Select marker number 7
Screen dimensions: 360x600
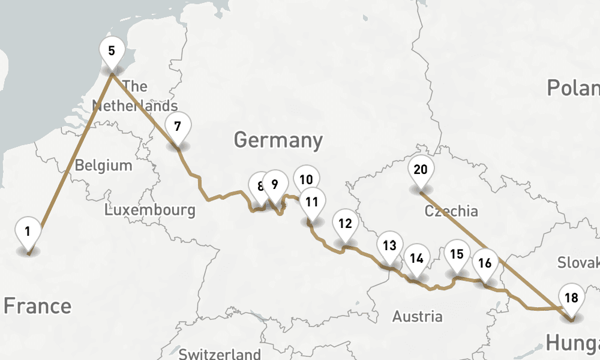pyautogui.click(x=178, y=127)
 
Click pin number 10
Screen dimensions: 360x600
pyautogui.click(x=307, y=179)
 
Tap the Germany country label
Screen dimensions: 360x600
pyautogui.click(x=278, y=140)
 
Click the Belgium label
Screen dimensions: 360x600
pyautogui.click(x=103, y=166)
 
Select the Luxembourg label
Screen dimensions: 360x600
pyautogui.click(x=150, y=210)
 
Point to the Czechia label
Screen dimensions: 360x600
pyautogui.click(x=451, y=211)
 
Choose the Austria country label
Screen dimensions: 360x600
pyautogui.click(x=417, y=316)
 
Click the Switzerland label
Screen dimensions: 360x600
pyautogui.click(x=220, y=353)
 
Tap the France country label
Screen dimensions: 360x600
pyautogui.click(x=37, y=306)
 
